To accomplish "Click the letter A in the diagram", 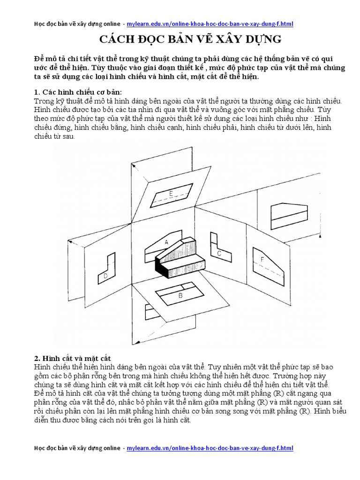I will [x=166, y=242].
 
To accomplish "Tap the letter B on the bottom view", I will [x=180, y=295].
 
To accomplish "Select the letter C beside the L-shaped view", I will [x=219, y=253].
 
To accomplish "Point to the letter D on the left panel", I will [x=106, y=276].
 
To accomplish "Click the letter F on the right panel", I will [x=262, y=259].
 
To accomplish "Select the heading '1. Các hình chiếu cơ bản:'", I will [x=78, y=92].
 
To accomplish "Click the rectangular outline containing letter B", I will [x=180, y=293].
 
